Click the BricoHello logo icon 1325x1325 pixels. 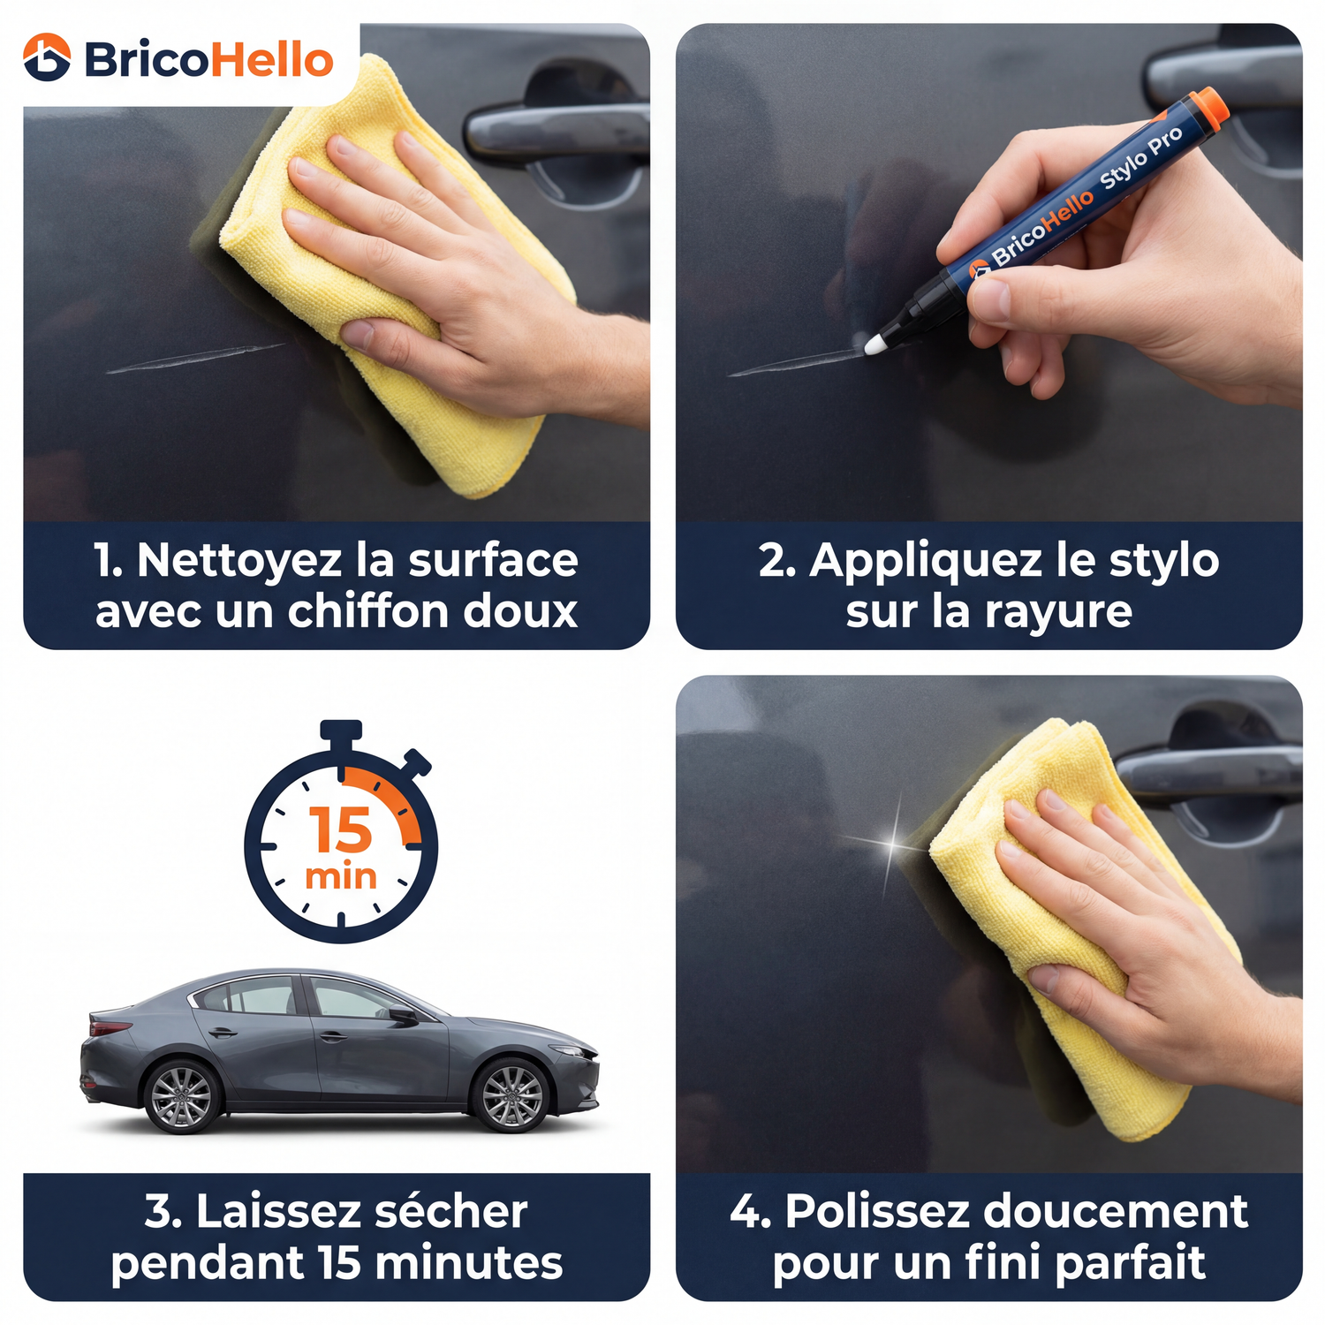(x=47, y=57)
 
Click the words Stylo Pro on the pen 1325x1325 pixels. (x=1141, y=159)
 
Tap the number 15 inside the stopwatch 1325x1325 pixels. (x=341, y=829)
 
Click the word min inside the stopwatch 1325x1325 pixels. (x=341, y=876)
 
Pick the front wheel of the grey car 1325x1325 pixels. (x=511, y=1095)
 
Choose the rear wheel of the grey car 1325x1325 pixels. (x=182, y=1096)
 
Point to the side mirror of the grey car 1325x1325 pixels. (x=403, y=1014)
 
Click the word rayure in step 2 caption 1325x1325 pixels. (x=1058, y=612)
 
